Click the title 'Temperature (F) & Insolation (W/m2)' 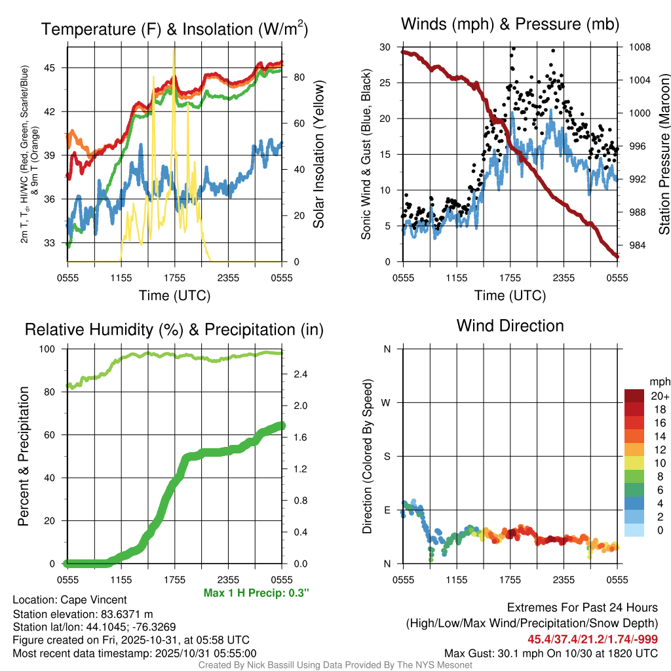tap(174, 29)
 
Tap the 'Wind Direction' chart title tap(510, 326)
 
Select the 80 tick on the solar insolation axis tap(297, 77)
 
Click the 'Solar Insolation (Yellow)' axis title tap(320, 155)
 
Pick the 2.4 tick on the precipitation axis tap(297, 374)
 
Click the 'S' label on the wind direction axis tap(387, 456)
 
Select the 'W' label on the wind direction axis tap(387, 402)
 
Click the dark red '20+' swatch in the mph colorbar tap(634, 396)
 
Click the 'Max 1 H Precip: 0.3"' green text tap(256, 593)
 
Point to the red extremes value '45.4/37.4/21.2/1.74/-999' tap(592, 639)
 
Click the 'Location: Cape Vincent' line tap(69, 600)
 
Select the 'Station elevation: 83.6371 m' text tap(83, 613)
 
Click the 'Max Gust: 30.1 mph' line tap(550, 653)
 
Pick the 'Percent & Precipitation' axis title tap(24, 456)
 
